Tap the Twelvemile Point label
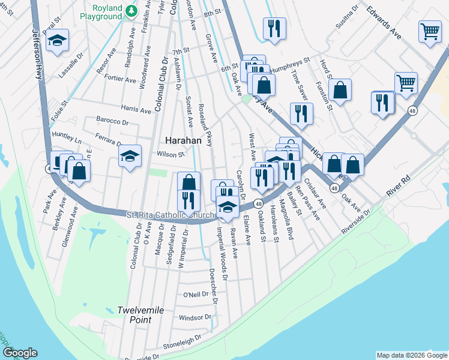click(134, 315)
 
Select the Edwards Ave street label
click(385, 27)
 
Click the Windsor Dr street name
click(196, 317)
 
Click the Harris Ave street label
click(136, 109)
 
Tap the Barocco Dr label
click(113, 122)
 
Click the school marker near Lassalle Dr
click(58, 41)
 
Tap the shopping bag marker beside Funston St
click(340, 91)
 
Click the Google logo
click(20, 353)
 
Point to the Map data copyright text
click(411, 355)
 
